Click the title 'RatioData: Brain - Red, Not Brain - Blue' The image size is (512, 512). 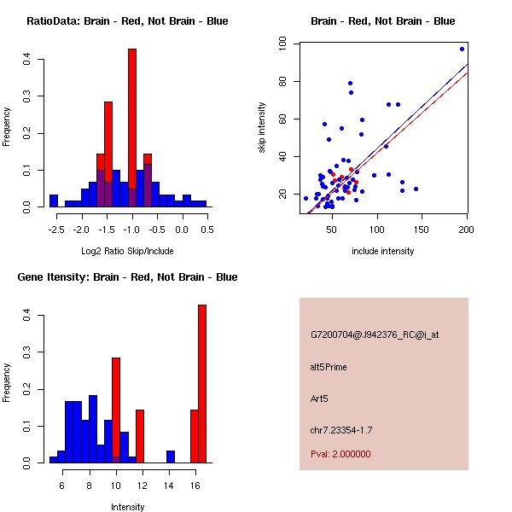127,21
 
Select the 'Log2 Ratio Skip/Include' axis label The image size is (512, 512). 127,252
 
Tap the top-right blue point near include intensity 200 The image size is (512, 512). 462,49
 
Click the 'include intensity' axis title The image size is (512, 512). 382,252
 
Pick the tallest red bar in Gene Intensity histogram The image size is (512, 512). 202,384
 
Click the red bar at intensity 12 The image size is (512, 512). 140,436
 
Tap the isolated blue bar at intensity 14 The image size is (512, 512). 171,457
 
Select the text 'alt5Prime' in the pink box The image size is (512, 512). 329,367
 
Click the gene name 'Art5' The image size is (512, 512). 319,398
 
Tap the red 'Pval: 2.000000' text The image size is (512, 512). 340,454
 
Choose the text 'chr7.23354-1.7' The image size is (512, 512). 340,428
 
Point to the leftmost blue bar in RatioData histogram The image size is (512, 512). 53,201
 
